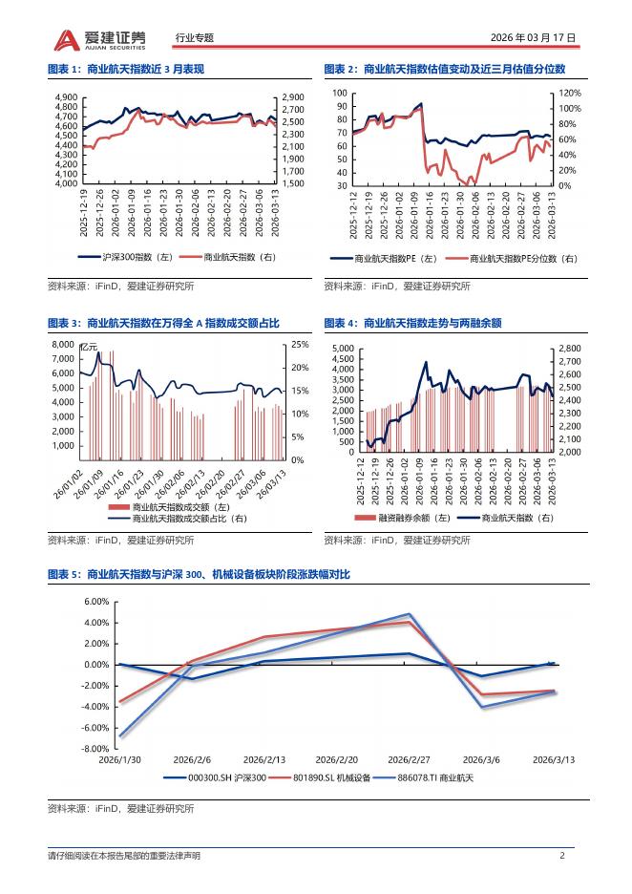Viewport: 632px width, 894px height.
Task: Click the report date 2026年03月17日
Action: [x=533, y=39]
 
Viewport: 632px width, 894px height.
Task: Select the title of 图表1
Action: [x=126, y=69]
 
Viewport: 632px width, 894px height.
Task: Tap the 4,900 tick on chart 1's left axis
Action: [x=66, y=97]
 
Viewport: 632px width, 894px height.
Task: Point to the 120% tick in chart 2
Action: [x=569, y=94]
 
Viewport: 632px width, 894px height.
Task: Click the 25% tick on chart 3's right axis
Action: [x=299, y=345]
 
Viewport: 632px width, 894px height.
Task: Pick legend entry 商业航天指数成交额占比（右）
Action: [x=189, y=518]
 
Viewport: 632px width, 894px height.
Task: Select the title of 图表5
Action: [x=200, y=574]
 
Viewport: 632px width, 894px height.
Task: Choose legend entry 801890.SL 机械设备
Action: [x=330, y=779]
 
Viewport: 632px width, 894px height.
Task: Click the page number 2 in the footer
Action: [x=562, y=855]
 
